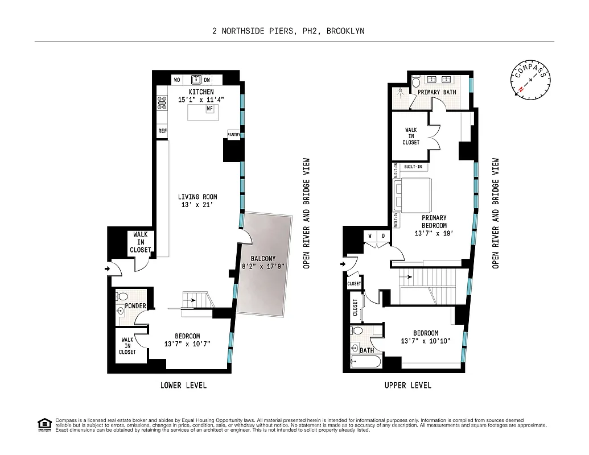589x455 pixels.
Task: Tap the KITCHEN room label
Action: (x=201, y=92)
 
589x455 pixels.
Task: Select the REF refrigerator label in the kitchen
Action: (x=163, y=131)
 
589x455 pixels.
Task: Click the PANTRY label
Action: (x=234, y=135)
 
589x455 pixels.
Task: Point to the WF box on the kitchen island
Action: (x=209, y=108)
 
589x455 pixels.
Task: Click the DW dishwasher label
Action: (x=207, y=80)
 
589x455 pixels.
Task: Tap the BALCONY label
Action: (x=262, y=259)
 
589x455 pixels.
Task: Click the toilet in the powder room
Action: (x=122, y=296)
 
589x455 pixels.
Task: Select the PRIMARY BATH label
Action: (x=436, y=92)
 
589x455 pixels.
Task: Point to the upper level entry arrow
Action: (x=344, y=264)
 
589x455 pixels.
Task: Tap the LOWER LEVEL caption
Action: (x=183, y=386)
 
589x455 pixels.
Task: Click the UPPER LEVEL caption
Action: (x=407, y=386)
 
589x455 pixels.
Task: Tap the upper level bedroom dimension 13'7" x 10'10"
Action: (x=426, y=342)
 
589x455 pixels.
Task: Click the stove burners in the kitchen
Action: (x=161, y=102)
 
